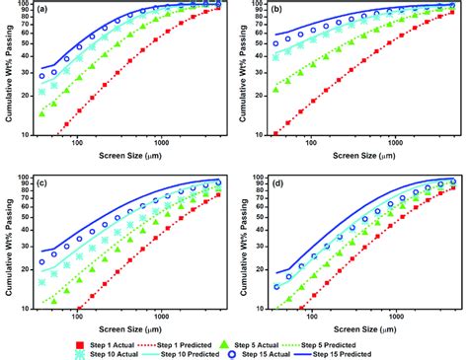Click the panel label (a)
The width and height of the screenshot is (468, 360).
coord(42,11)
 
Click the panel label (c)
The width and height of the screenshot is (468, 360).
coord(42,183)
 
